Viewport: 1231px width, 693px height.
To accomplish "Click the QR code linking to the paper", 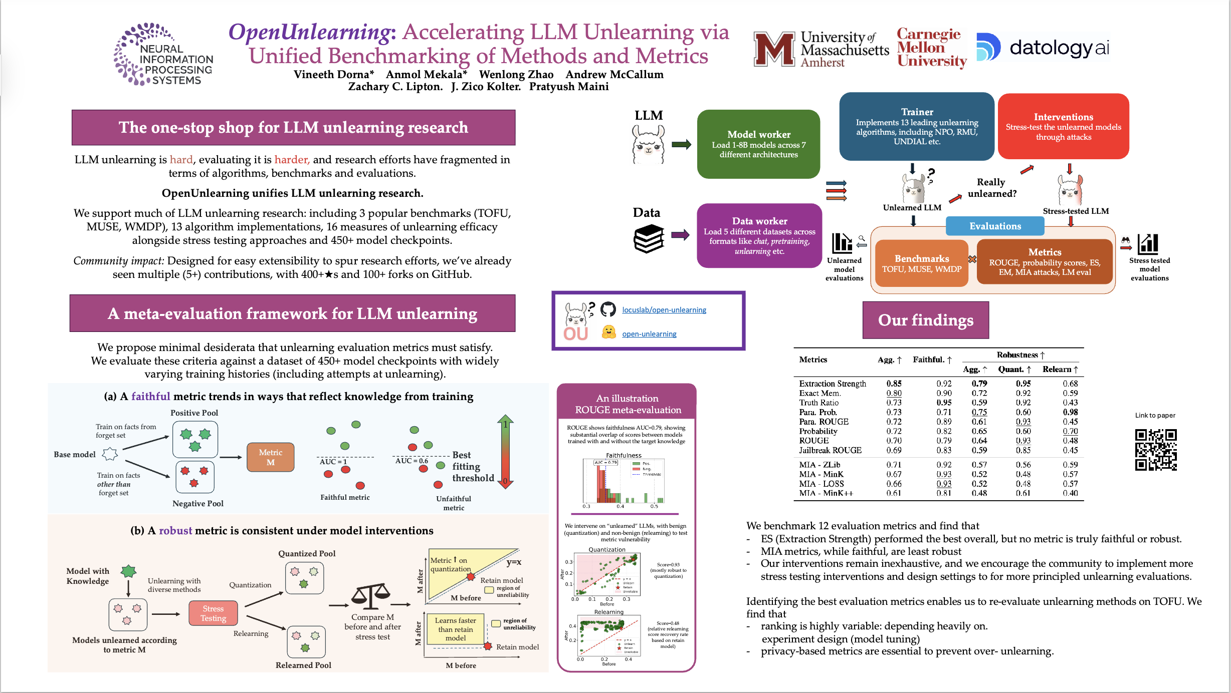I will coord(1155,449).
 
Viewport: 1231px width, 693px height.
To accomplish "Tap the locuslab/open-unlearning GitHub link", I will coord(664,310).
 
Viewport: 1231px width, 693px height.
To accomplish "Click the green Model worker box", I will coord(758,144).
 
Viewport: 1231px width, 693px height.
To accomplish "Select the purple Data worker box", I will coord(759,236).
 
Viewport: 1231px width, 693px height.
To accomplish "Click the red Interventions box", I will coord(1063,126).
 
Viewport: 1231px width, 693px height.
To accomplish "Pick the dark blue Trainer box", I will coord(916,126).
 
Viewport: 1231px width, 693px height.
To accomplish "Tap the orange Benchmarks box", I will coord(921,263).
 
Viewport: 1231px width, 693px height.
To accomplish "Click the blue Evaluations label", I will coord(994,226).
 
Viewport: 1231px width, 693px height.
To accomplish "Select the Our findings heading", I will coord(925,320).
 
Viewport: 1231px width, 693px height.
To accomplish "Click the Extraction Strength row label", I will coord(832,384).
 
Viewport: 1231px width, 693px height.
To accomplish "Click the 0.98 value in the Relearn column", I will coord(1070,412).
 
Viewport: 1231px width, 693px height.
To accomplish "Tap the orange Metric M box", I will coord(270,457).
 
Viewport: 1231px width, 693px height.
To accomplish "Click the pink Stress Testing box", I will coord(213,613).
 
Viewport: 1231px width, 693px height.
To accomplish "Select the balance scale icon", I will coord(370,595).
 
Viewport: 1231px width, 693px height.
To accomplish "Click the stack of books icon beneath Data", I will coord(649,239).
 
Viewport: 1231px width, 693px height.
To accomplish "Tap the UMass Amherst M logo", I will coord(774,49).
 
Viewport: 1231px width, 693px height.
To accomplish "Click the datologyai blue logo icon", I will coord(988,47).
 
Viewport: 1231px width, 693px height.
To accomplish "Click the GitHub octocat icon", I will coord(608,309).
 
